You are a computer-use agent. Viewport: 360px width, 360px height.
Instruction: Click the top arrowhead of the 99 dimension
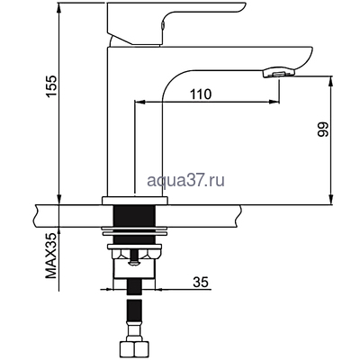pyautogui.click(x=336, y=81)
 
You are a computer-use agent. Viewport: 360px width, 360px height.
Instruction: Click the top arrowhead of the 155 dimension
pyautogui.click(x=58, y=5)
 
